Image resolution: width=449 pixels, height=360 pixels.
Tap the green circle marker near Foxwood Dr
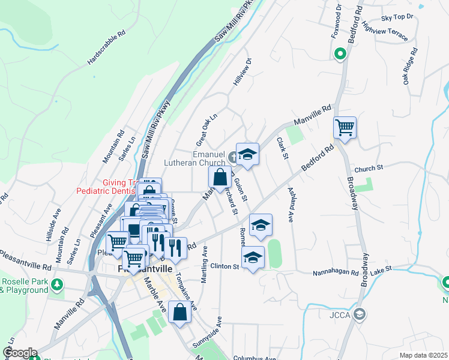point(340,55)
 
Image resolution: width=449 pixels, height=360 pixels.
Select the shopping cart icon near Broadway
point(345,127)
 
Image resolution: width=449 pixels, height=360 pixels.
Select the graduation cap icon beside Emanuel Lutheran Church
point(247,155)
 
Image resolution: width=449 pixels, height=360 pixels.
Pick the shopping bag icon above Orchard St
point(220,177)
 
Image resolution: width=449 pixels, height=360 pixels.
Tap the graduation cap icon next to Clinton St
point(253,257)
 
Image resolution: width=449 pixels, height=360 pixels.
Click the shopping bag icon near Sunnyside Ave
point(180,312)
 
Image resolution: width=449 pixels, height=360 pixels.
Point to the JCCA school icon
point(359,313)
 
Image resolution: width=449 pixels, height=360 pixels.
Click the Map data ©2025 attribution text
point(423,355)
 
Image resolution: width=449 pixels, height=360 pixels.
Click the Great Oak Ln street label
point(205,125)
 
